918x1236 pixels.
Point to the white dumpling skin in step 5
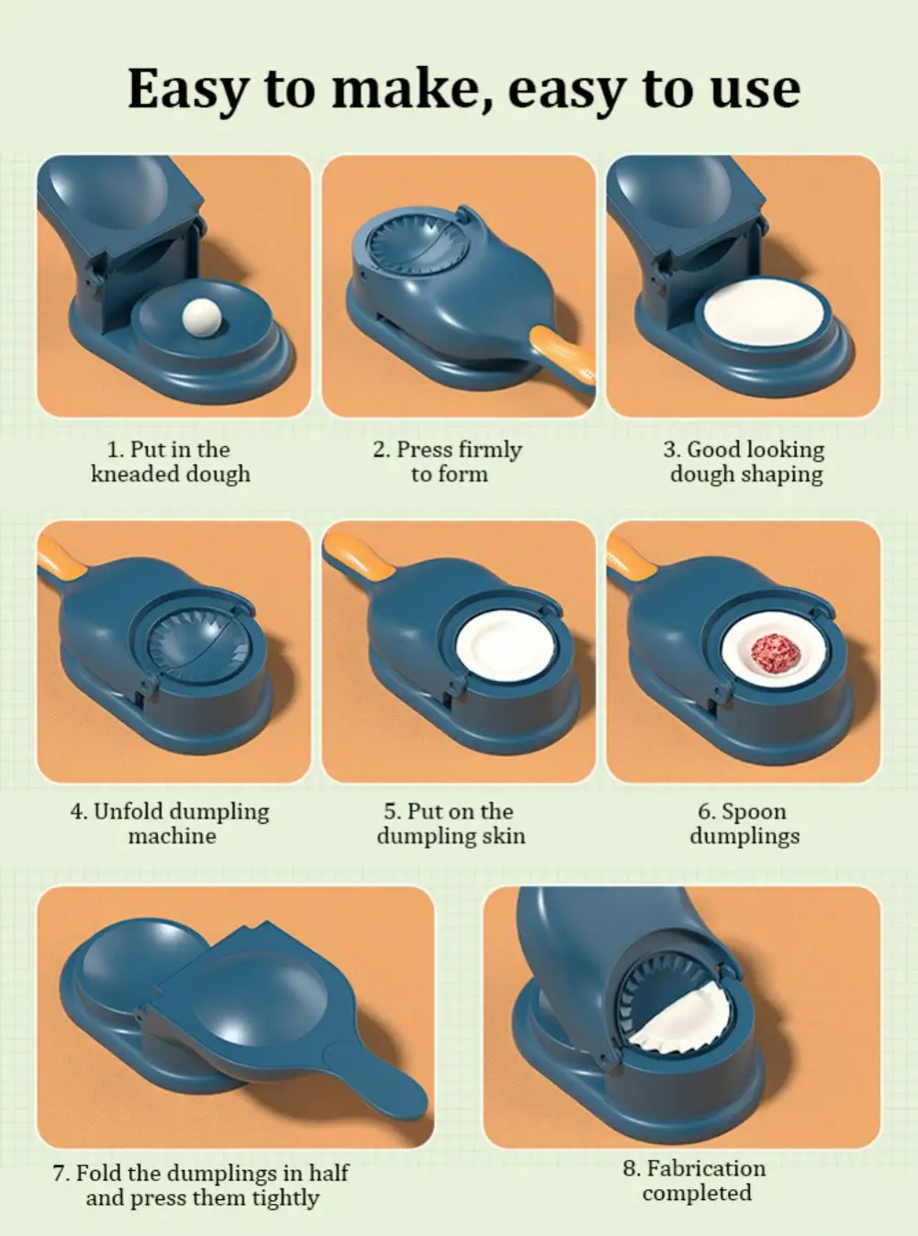[x=505, y=645]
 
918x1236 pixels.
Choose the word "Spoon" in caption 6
[x=753, y=812]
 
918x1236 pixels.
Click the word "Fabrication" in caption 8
[x=706, y=1168]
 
